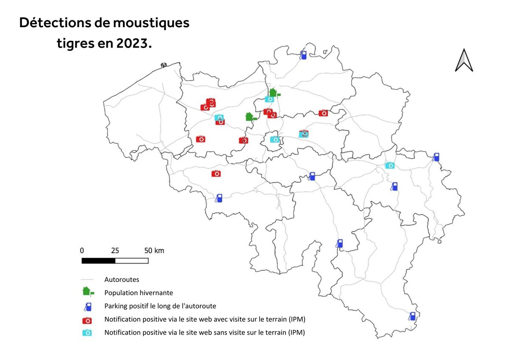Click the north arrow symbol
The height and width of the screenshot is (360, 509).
point(464,60)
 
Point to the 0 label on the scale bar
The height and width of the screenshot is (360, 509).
point(82,250)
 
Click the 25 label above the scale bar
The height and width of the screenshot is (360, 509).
point(115,250)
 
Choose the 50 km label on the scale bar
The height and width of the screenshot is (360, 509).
point(154,250)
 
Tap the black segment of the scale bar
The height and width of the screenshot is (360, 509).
point(98,260)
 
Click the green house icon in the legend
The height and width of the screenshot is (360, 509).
point(88,292)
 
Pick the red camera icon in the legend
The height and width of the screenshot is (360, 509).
point(87,320)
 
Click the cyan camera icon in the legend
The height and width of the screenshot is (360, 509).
point(87,333)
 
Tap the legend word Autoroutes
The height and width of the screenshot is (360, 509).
point(122,280)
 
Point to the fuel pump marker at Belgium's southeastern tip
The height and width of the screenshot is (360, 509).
point(412,316)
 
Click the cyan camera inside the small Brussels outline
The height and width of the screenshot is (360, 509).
point(275,139)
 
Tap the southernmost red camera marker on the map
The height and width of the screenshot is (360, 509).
point(216,173)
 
